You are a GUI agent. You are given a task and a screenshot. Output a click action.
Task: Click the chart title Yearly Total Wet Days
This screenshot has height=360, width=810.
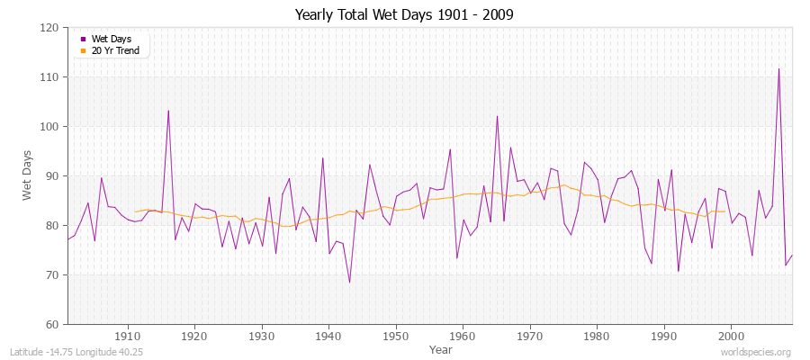click(404, 15)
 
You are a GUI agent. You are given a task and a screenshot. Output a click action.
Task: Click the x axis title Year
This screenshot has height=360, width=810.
click(441, 348)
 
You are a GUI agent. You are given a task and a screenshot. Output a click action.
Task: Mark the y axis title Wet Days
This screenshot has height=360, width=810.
click(28, 175)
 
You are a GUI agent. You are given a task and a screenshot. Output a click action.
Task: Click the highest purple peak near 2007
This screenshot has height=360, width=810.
click(778, 69)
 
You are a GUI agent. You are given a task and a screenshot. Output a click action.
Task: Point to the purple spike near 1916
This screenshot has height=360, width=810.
click(168, 111)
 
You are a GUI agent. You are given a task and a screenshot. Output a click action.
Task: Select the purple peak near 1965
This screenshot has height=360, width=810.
click(497, 116)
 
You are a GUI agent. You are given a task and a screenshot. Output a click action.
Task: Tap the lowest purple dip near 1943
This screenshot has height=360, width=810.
click(349, 283)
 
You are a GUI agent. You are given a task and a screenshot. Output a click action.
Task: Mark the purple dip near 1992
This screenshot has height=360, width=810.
click(678, 271)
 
